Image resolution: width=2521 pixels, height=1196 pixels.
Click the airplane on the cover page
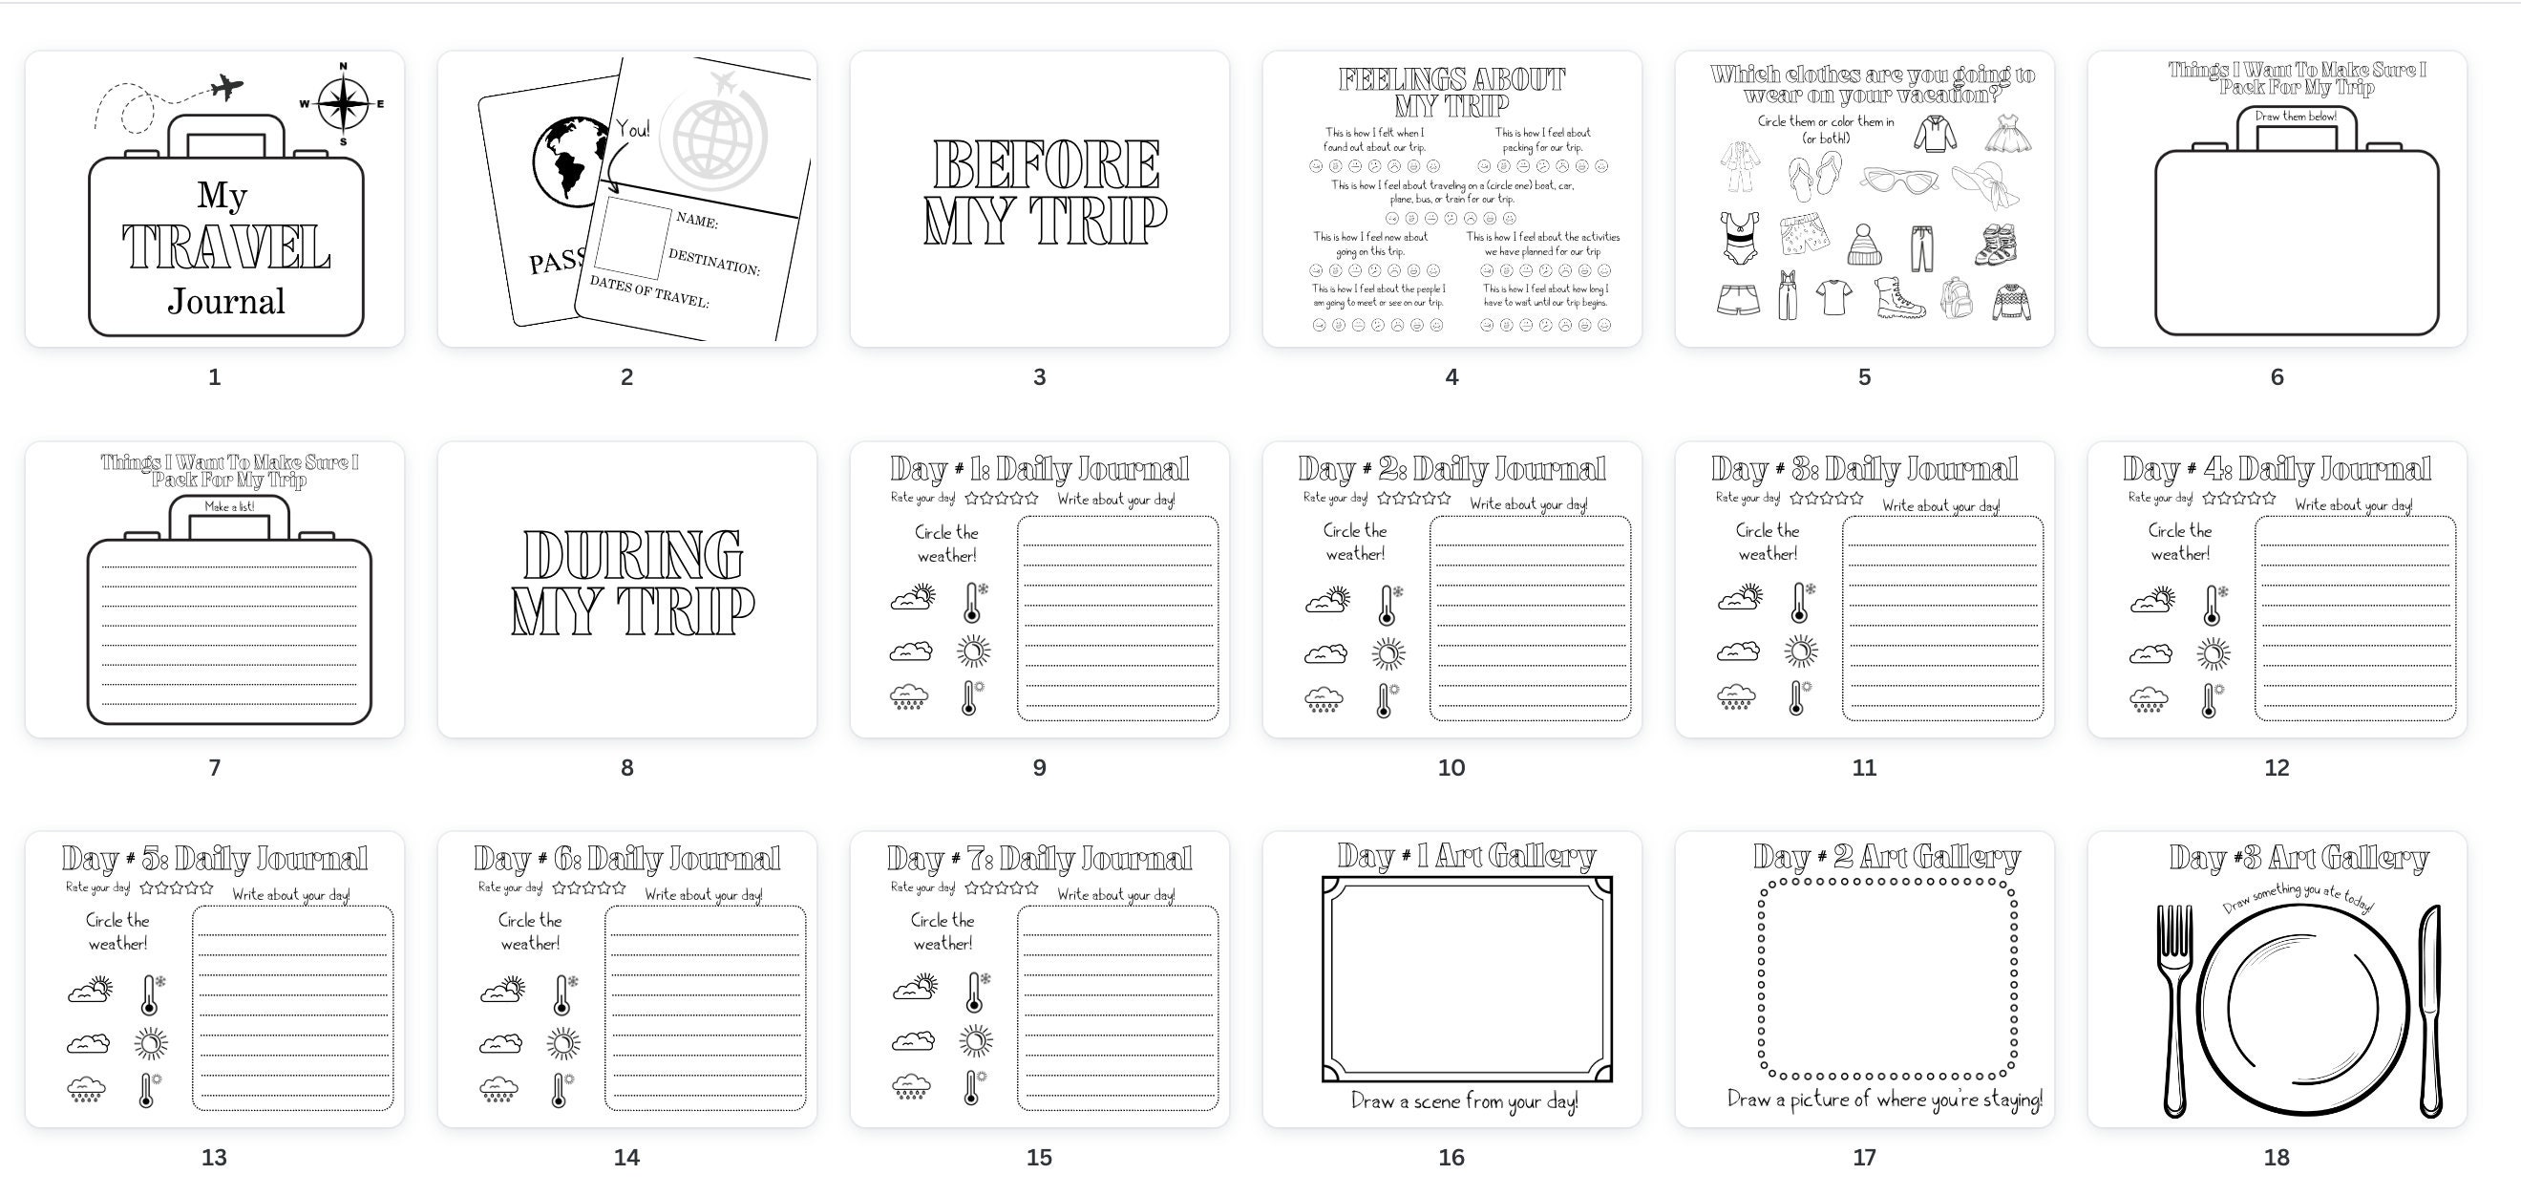[x=226, y=88]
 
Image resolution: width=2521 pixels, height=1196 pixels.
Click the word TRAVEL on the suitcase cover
[x=226, y=247]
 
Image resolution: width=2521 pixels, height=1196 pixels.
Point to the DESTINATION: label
[x=713, y=262]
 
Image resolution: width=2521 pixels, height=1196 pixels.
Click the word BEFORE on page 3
[x=1046, y=164]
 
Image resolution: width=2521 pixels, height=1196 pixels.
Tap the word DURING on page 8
[x=632, y=555]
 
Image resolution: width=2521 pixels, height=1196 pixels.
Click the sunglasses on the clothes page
[x=1899, y=182]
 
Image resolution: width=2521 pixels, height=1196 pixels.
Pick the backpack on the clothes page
[x=1956, y=297]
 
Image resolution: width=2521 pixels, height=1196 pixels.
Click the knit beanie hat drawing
[x=1863, y=245]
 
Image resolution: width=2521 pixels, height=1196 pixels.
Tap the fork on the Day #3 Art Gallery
[x=2172, y=1008]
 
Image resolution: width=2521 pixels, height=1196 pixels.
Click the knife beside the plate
[x=2430, y=1008]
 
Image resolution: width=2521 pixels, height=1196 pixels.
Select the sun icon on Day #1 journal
[x=974, y=651]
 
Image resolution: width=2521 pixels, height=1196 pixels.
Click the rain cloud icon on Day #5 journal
[x=86, y=1089]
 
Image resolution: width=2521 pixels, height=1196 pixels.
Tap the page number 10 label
[x=1451, y=768]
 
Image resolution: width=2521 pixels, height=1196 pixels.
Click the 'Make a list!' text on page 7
[x=229, y=507]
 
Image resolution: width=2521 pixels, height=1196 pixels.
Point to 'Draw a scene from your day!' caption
[x=1464, y=1102]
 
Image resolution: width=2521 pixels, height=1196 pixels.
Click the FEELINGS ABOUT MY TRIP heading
[x=1451, y=92]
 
